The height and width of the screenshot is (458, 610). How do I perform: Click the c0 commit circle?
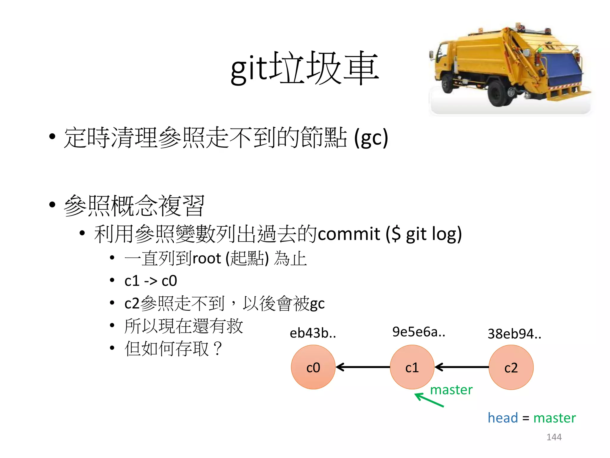coord(313,367)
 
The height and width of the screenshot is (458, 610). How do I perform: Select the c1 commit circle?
coord(412,367)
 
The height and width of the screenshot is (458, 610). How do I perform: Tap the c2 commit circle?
coord(511,367)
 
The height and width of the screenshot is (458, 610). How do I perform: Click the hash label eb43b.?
coord(313,333)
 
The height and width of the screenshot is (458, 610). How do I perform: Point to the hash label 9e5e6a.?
coord(418,332)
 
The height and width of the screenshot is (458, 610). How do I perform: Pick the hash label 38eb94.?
coord(514,334)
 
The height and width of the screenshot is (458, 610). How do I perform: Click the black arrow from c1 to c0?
coord(363,367)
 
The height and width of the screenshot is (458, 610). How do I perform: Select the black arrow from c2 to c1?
coord(462,367)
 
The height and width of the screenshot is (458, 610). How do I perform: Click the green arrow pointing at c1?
coord(429,400)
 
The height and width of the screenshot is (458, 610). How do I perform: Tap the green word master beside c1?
coord(451,390)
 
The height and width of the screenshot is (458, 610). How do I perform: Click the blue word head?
coord(503,418)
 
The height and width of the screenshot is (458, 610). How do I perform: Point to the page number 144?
coord(554,437)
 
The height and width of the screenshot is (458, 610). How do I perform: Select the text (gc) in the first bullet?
coord(371,138)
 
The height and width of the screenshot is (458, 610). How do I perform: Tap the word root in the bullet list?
coord(207,258)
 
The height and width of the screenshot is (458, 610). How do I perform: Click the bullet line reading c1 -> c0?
coord(151,281)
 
